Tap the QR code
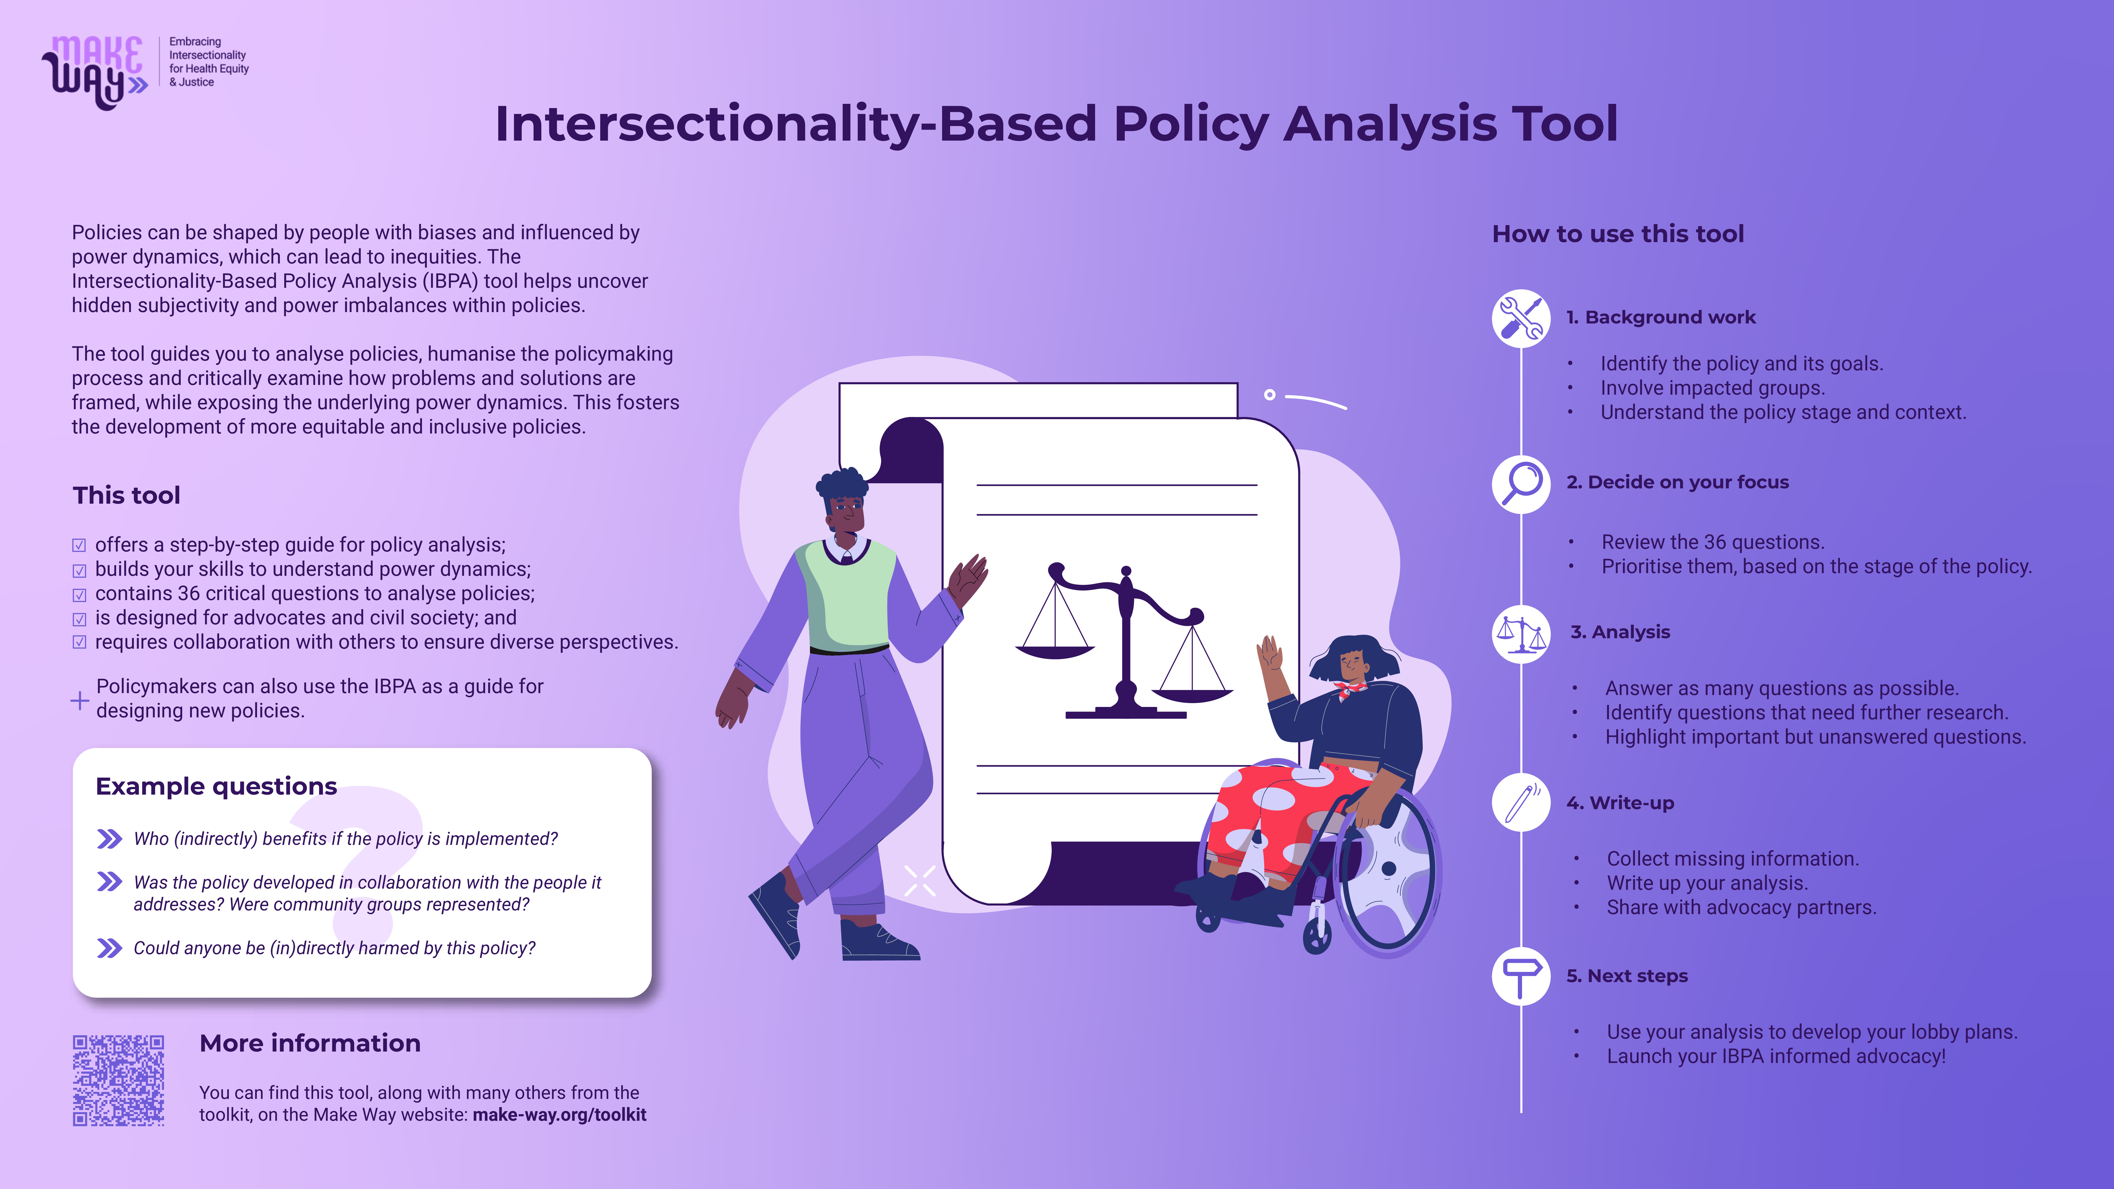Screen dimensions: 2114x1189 pos(118,1080)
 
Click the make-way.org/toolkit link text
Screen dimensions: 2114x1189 pos(560,1114)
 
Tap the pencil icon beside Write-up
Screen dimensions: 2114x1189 pos(1521,803)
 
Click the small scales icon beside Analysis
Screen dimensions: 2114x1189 pos(1521,633)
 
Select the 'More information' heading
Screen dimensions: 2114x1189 pos(310,1043)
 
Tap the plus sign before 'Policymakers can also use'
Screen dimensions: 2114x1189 pos(80,700)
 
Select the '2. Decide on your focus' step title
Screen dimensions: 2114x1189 pos(1677,483)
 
